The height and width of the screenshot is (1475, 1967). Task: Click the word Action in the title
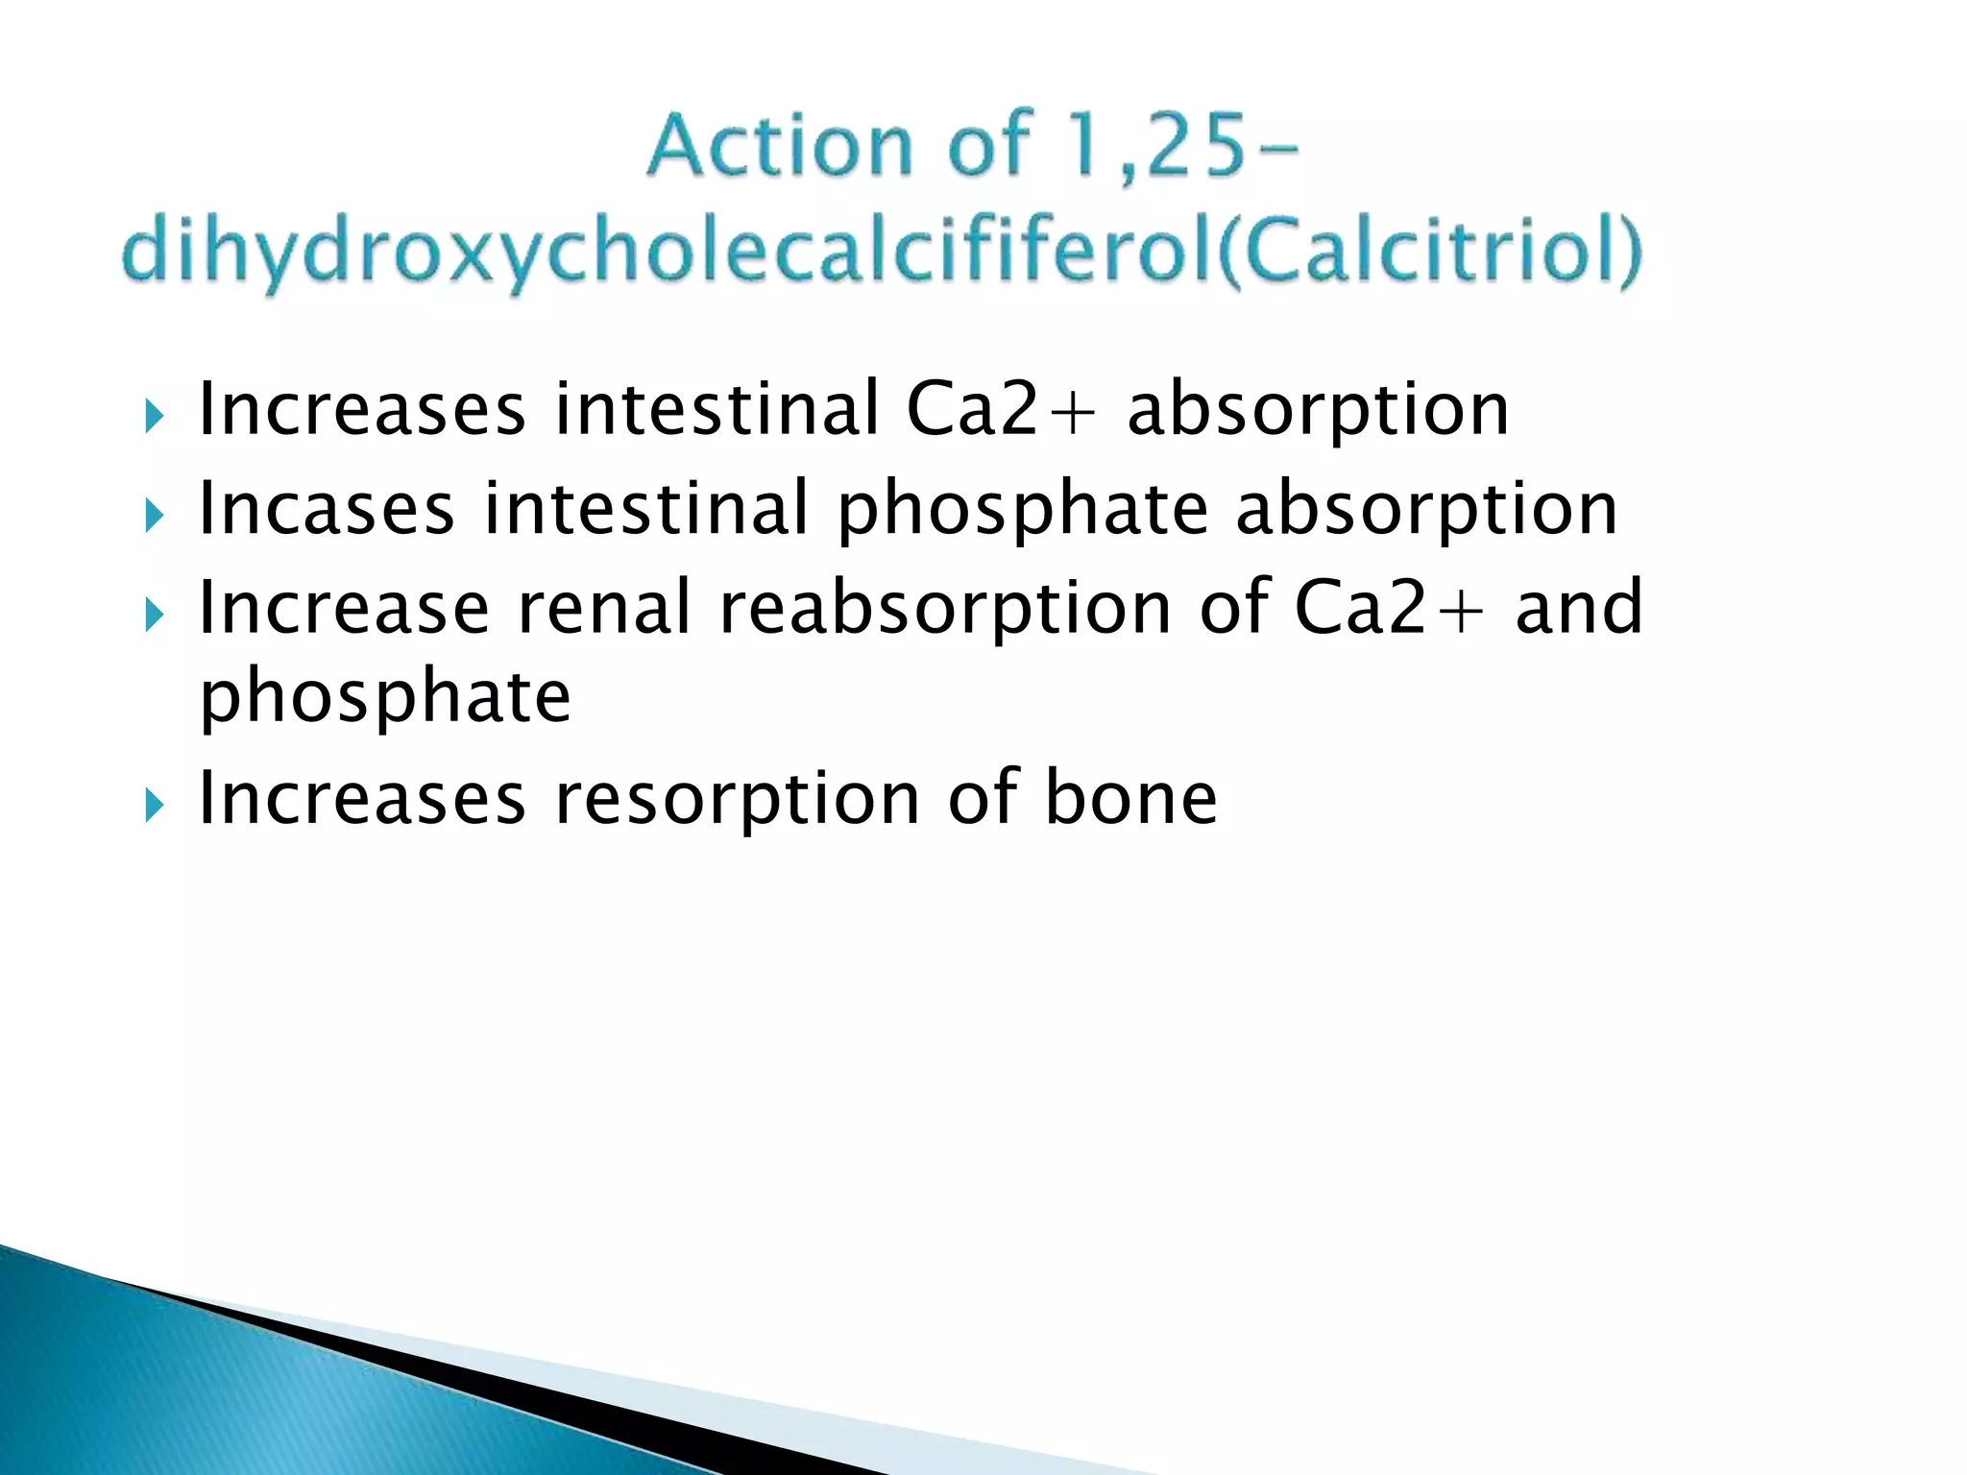779,146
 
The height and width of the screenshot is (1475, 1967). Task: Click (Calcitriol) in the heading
1430,252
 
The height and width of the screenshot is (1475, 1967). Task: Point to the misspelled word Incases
326,509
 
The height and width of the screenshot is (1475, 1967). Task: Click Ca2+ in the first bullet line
1000,410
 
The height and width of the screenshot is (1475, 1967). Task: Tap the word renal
604,608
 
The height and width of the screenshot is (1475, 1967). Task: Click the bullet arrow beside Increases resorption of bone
155,806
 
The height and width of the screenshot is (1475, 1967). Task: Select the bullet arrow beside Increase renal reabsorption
155,615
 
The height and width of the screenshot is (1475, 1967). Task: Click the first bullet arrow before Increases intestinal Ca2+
155,417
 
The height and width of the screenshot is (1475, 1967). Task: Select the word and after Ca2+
1578,608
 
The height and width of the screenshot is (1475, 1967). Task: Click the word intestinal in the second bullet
646,509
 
